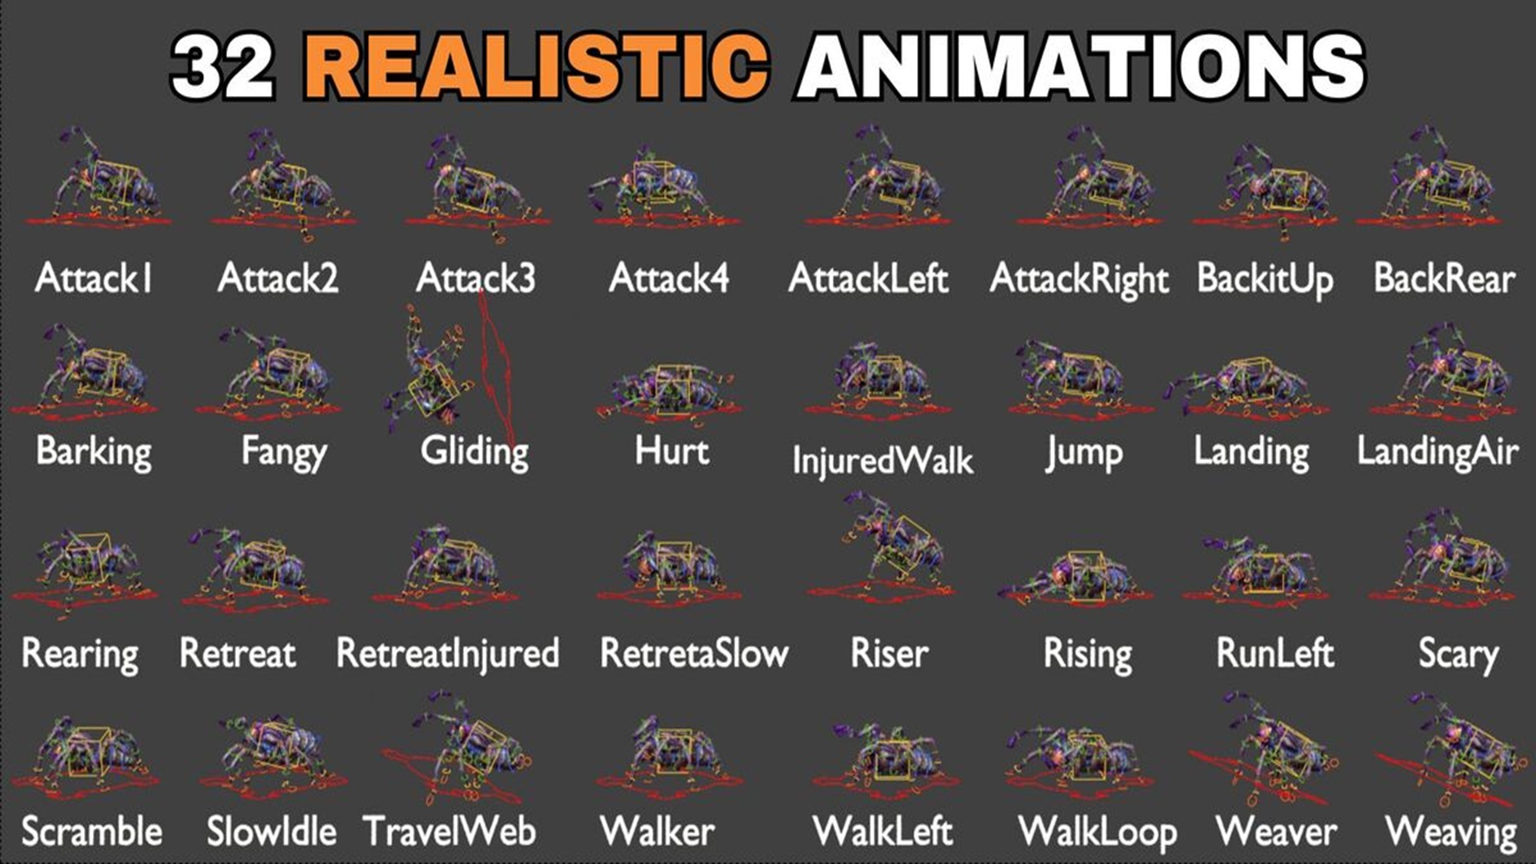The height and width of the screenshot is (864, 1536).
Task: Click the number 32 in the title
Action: pos(223,66)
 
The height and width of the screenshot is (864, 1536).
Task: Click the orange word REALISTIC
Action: pos(536,66)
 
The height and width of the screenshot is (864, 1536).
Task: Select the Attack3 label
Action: pos(476,278)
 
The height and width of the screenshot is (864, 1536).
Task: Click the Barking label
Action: pos(94,452)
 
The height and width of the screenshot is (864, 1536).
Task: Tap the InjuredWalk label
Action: pos(882,461)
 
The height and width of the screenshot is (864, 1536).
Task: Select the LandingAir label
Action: pos(1438,452)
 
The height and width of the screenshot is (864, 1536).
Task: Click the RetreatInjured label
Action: pos(447,654)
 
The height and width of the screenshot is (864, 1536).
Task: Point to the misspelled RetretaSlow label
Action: pos(694,653)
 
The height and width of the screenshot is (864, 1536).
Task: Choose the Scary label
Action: pos(1458,655)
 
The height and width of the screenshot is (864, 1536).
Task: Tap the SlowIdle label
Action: pos(271,832)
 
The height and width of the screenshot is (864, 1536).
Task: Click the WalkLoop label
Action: pos(1097,833)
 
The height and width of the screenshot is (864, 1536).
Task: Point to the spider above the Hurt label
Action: pos(668,392)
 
